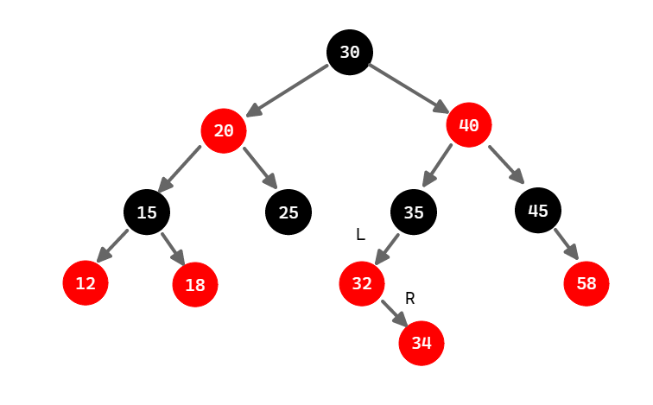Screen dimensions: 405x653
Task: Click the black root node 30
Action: pyautogui.click(x=350, y=52)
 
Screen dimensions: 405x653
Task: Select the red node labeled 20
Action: pyautogui.click(x=224, y=131)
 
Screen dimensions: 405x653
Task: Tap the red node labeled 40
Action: pyautogui.click(x=469, y=125)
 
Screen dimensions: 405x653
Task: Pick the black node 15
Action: pyautogui.click(x=147, y=212)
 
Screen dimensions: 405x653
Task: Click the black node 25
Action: pyautogui.click(x=288, y=212)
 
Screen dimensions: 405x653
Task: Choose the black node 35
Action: pyautogui.click(x=414, y=212)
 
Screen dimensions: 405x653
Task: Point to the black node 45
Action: pyautogui.click(x=538, y=210)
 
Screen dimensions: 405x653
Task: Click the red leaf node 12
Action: pyautogui.click(x=86, y=282)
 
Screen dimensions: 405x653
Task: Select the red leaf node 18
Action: pyautogui.click(x=195, y=285)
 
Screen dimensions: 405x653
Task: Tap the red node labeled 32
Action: pyautogui.click(x=362, y=282)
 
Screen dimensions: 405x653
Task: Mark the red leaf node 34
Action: pyautogui.click(x=421, y=343)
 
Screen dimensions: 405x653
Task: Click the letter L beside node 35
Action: pyautogui.click(x=360, y=234)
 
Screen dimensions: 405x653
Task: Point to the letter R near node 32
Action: pyautogui.click(x=410, y=298)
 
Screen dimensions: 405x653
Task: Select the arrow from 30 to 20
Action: pyautogui.click(x=287, y=90)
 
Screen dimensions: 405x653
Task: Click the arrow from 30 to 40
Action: pyautogui.click(x=409, y=88)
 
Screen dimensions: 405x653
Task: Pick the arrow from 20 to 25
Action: pyautogui.click(x=259, y=168)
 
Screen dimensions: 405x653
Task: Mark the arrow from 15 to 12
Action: pyautogui.click(x=113, y=245)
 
